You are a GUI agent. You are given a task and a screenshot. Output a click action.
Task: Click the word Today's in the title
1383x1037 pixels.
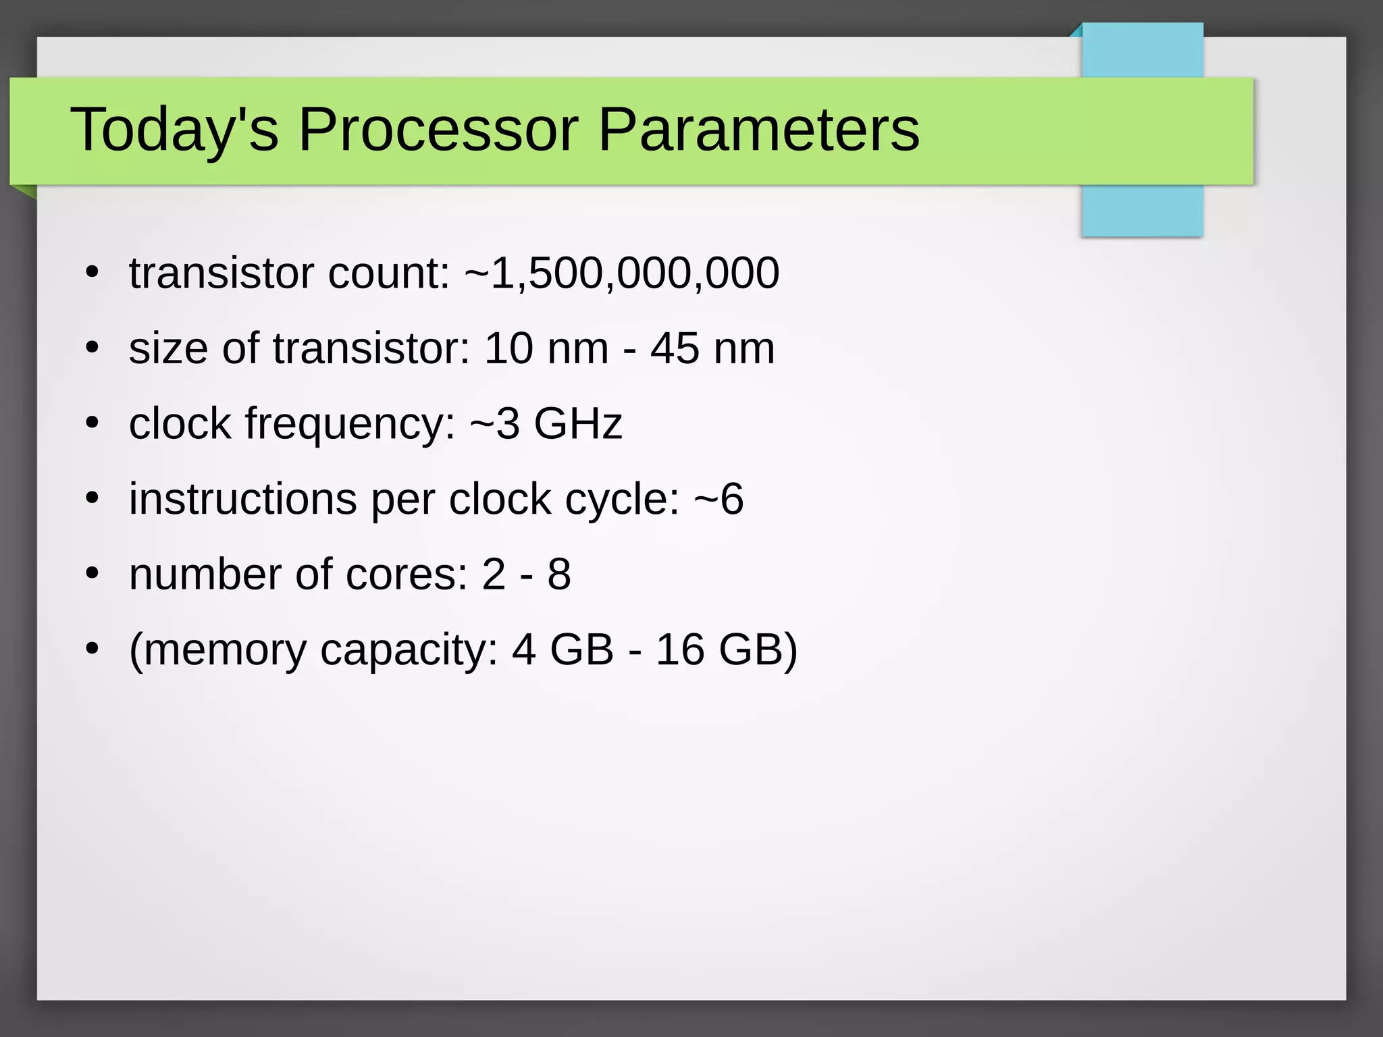[x=174, y=129]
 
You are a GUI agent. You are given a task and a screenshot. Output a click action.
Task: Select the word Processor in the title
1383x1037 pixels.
[x=438, y=129]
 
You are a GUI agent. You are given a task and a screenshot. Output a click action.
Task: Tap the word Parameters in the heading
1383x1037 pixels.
[x=758, y=129]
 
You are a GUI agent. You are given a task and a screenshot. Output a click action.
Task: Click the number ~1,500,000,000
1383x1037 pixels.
[x=622, y=273]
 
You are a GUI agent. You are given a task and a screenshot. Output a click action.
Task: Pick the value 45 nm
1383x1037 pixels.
[x=712, y=349]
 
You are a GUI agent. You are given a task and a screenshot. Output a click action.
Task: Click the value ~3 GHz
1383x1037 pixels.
[x=546, y=424]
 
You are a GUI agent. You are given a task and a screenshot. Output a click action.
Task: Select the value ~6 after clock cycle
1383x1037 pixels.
[x=719, y=500]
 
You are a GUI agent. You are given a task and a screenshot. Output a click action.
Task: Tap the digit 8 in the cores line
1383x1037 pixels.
[x=559, y=575]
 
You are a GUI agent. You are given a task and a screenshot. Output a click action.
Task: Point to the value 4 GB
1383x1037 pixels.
[x=563, y=650]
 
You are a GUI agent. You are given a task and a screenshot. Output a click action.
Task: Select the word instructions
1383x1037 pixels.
[x=243, y=500]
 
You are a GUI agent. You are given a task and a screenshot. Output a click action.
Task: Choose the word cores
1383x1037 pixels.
[x=407, y=575]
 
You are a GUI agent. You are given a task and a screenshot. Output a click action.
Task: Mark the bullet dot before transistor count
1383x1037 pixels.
[x=93, y=273]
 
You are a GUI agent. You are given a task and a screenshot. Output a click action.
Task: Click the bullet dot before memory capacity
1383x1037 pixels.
[x=93, y=649]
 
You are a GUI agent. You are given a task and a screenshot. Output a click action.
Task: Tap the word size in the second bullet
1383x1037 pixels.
[x=168, y=349]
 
